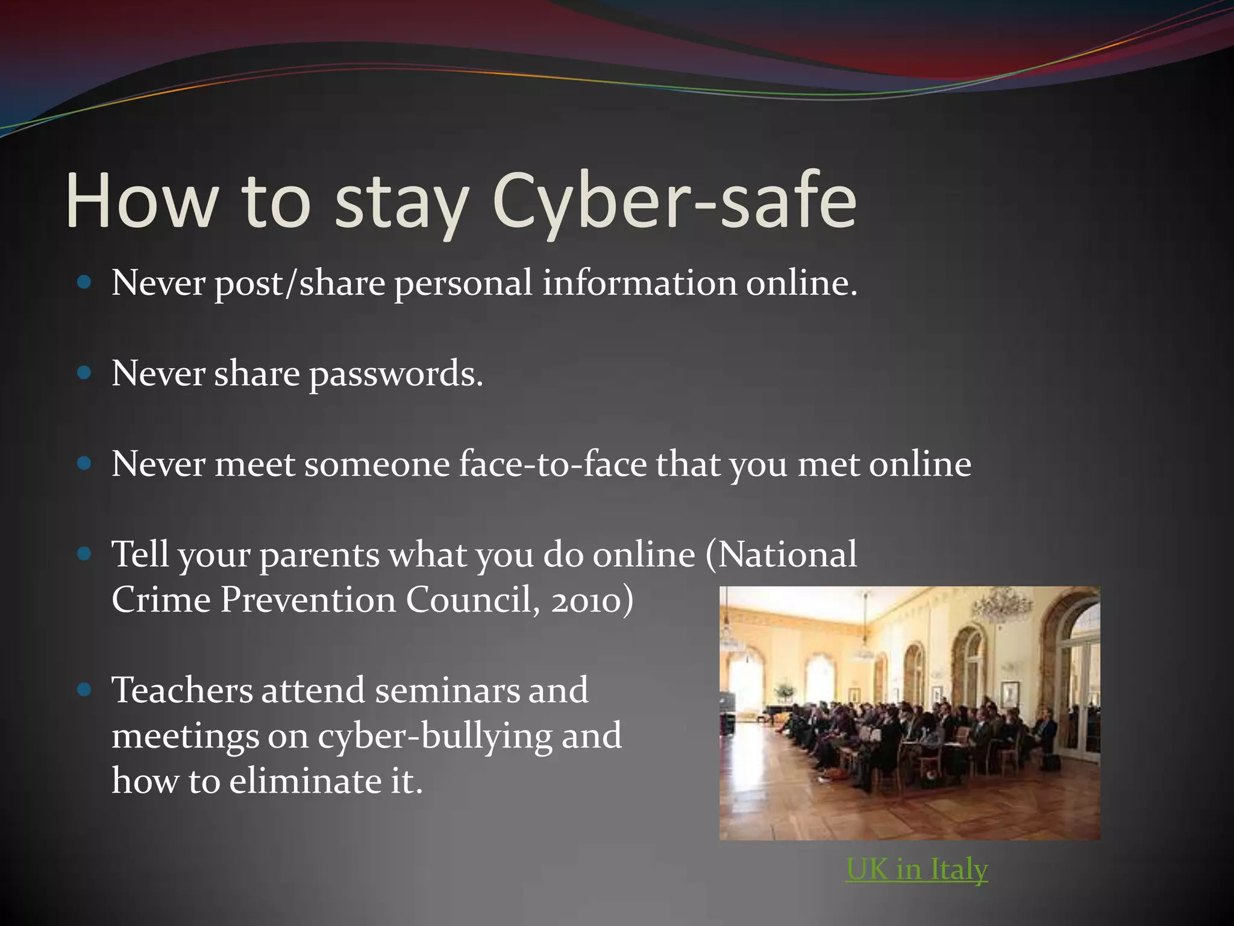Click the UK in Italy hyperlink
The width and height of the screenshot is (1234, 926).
tap(917, 869)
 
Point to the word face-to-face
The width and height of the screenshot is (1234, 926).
tap(553, 465)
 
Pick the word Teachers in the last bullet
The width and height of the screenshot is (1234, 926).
tap(182, 690)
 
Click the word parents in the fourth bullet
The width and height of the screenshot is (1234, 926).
tap(319, 556)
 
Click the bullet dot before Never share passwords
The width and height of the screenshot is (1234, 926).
tap(84, 374)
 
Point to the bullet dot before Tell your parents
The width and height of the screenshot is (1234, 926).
tap(84, 554)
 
